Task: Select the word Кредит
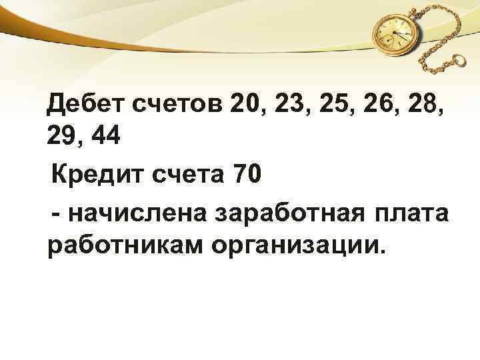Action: tap(94, 177)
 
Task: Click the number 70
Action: tap(247, 176)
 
